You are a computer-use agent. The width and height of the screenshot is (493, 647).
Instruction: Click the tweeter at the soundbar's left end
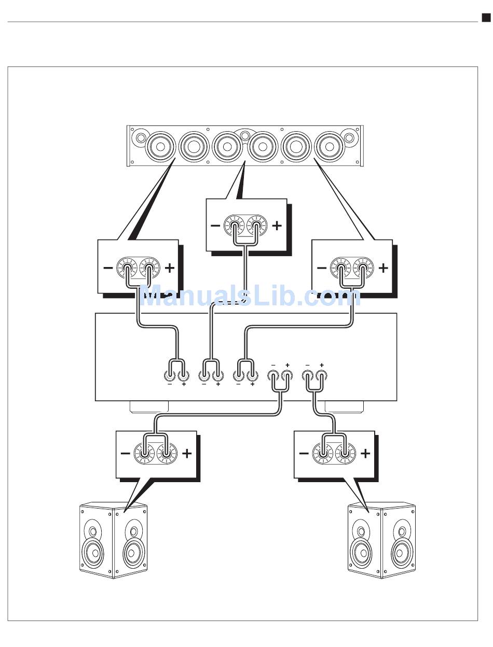[141, 138]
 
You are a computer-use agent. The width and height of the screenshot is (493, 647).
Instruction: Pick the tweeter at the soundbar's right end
[349, 138]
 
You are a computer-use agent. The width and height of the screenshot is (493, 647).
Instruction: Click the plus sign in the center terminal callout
[277, 226]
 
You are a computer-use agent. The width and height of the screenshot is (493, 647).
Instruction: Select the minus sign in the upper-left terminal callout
[107, 268]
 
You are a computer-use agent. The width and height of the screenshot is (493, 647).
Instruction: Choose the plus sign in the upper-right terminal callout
[383, 268]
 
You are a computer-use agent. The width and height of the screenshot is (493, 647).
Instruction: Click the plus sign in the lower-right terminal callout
[365, 454]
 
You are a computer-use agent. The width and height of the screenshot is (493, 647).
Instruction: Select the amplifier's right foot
[343, 407]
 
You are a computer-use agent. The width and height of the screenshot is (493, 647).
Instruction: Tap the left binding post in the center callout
[234, 227]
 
